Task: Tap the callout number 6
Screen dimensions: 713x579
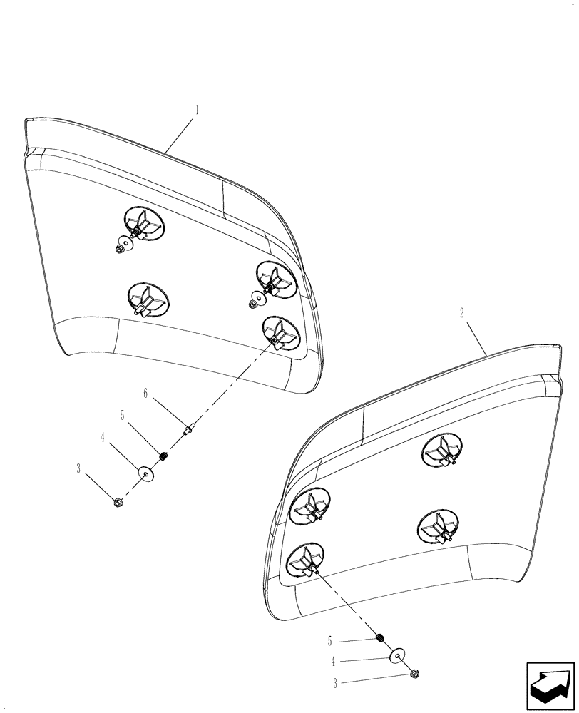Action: click(145, 393)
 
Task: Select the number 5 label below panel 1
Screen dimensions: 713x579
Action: click(123, 414)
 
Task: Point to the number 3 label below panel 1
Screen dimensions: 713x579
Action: click(78, 468)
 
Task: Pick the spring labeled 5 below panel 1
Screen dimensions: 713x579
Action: click(164, 456)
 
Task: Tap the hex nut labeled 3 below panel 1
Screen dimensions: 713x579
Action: click(117, 503)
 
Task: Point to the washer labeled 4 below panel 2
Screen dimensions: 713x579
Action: click(397, 655)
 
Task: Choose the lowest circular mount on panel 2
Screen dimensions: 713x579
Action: click(305, 559)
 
